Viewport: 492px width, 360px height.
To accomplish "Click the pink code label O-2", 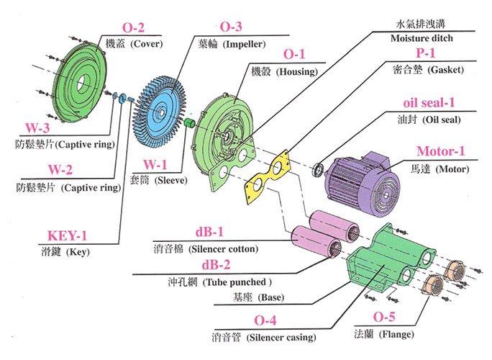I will tap(133, 27).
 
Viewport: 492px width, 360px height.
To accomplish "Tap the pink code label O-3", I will tap(230, 27).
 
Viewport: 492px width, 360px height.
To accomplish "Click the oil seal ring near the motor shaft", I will tap(317, 170).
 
